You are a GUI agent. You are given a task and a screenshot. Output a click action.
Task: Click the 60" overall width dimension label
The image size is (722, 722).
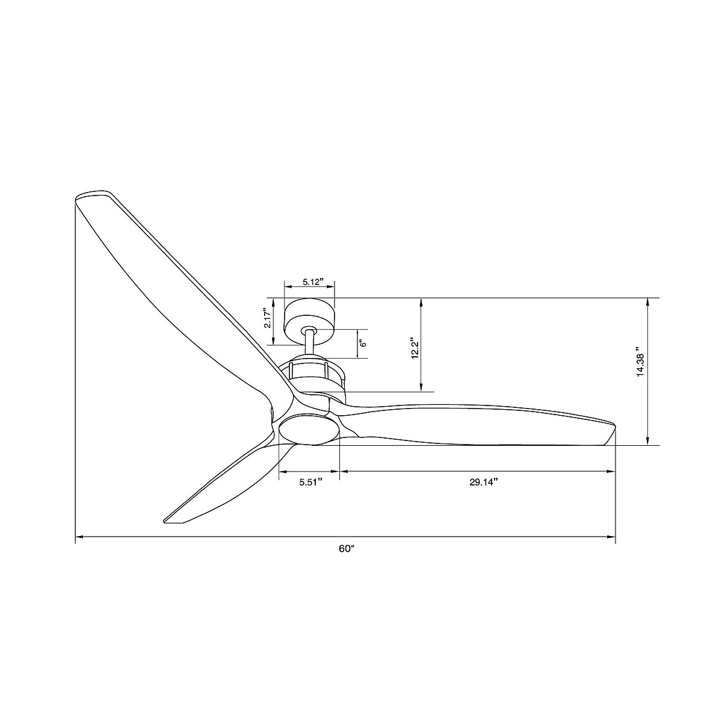[x=345, y=549]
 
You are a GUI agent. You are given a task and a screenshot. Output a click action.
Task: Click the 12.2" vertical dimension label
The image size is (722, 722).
[x=414, y=348]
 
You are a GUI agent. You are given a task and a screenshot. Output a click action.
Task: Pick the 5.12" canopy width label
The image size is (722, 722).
[x=313, y=282]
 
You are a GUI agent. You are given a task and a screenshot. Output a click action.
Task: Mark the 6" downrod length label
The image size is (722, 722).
[x=362, y=344]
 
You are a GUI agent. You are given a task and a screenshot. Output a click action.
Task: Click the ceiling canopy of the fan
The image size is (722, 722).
[x=309, y=315]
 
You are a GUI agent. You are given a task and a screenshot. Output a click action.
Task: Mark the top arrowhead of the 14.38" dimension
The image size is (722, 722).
[x=647, y=301]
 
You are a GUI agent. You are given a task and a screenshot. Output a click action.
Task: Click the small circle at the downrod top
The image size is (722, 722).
[x=310, y=330]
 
